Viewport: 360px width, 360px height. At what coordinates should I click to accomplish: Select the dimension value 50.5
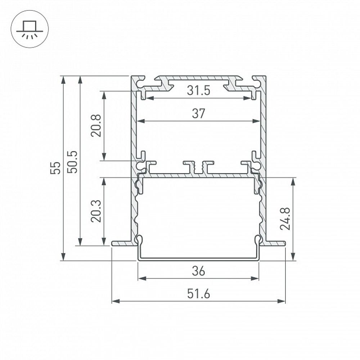(x=73, y=162)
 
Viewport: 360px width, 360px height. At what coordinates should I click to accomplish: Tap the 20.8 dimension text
(x=96, y=126)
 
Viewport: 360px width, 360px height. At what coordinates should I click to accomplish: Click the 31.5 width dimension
(x=198, y=91)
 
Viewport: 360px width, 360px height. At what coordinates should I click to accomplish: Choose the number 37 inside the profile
(x=198, y=114)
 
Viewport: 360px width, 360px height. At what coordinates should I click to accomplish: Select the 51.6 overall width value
(x=198, y=294)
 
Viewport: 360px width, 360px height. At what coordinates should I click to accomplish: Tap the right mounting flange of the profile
(x=275, y=243)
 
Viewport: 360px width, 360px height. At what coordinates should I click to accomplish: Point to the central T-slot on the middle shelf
(x=198, y=167)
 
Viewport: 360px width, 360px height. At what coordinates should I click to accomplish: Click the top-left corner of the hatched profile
(x=132, y=76)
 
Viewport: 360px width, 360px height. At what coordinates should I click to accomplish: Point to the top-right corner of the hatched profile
(x=265, y=76)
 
